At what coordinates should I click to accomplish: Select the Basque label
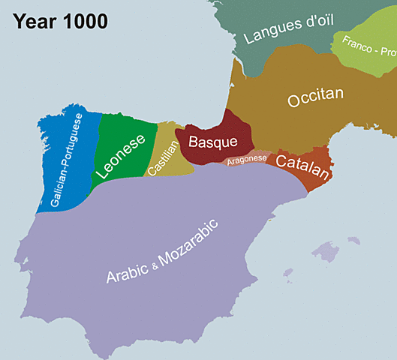pyautogui.click(x=212, y=141)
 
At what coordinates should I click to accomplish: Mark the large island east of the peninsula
pyautogui.click(x=327, y=251)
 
